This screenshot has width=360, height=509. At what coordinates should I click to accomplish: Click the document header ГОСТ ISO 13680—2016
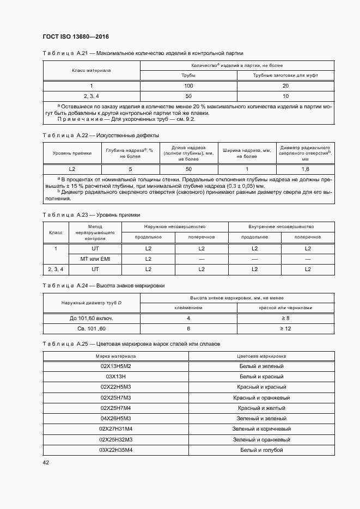click(75, 36)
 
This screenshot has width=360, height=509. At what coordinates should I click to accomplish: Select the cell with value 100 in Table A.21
click(188, 86)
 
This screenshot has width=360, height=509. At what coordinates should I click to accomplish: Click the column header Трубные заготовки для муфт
click(285, 75)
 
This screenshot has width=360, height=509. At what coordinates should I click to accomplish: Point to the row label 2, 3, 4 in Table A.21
click(91, 96)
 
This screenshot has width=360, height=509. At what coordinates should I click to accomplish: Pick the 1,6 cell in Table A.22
click(305, 169)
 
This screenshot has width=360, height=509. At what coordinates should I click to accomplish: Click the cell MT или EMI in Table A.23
click(95, 259)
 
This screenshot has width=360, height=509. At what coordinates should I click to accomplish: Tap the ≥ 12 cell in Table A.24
click(285, 329)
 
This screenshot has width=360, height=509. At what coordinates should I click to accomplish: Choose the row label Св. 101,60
click(91, 329)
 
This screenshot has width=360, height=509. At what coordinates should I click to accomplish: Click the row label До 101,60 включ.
click(91, 318)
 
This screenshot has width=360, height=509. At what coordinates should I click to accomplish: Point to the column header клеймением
click(188, 308)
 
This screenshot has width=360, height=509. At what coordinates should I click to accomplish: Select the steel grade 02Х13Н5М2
click(116, 366)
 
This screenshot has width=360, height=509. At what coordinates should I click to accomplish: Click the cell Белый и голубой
click(261, 450)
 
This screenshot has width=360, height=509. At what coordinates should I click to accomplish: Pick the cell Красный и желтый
click(261, 408)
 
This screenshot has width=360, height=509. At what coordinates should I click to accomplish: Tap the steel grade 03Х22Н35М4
click(116, 450)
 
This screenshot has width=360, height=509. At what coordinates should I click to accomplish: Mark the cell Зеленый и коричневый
click(261, 429)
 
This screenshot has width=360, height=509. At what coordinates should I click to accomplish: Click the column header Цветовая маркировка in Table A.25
click(261, 355)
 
